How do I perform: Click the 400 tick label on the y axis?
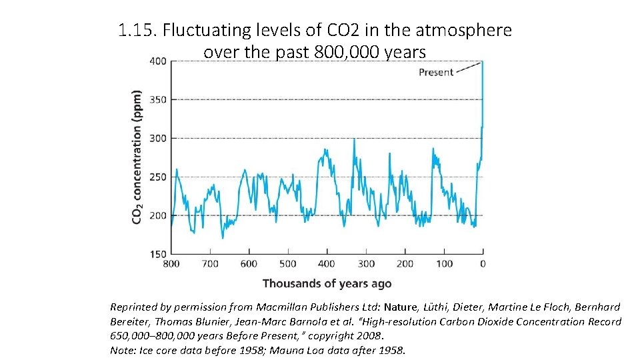pos(158,61)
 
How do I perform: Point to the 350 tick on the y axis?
pos(158,100)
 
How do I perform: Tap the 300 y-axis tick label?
pos(158,139)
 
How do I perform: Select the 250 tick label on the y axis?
pos(158,177)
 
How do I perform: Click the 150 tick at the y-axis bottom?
pos(158,254)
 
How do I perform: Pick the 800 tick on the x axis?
pos(171,264)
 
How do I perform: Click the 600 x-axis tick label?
pos(249,264)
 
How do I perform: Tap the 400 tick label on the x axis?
pos(327,264)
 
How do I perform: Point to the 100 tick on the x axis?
pos(444,264)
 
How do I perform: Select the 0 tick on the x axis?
pos(483,264)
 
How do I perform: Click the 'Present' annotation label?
pos(436,72)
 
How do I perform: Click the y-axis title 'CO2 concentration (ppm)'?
pos(137,157)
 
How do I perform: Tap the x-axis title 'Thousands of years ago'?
pos(327,283)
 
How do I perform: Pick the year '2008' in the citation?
pos(369,335)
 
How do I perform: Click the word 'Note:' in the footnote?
pos(123,349)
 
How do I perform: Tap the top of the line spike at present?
pos(482,62)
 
